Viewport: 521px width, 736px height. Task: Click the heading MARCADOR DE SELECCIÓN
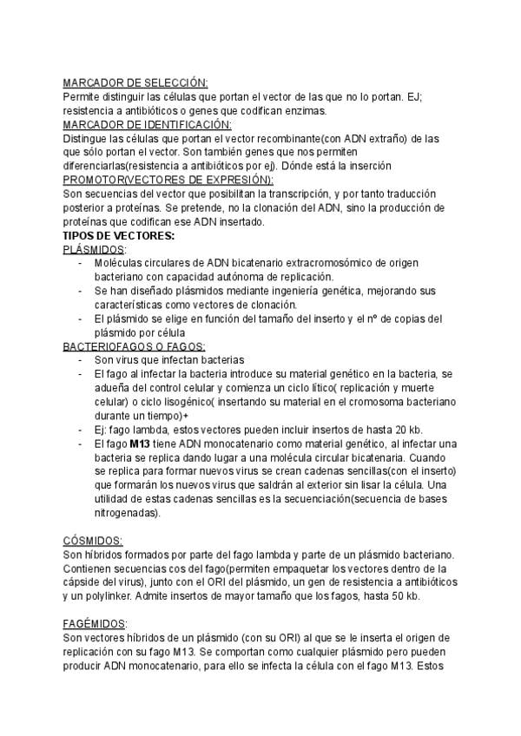135,82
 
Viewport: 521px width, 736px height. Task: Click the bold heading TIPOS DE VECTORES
119,235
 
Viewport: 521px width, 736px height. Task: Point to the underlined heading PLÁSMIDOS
95,249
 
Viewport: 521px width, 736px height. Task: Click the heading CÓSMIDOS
93,540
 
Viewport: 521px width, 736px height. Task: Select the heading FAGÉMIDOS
95,624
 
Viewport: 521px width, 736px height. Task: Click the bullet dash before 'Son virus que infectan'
81,360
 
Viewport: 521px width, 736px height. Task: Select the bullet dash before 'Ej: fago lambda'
81,430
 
